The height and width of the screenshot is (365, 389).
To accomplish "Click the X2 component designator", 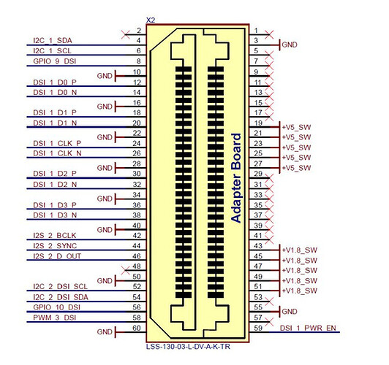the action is pyautogui.click(x=151, y=20).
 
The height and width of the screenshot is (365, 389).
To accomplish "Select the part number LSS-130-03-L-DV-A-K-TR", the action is pyautogui.click(x=188, y=347).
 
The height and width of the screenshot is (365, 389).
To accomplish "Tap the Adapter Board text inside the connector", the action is pyautogui.click(x=236, y=178).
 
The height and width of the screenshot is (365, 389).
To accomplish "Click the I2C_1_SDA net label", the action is pyautogui.click(x=53, y=40).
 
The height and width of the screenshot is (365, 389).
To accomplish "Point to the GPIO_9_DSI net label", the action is pyautogui.click(x=55, y=61).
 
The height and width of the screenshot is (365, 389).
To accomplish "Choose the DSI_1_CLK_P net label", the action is pyautogui.click(x=57, y=143).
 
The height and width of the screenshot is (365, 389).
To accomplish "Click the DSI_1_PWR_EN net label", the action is pyautogui.click(x=308, y=328).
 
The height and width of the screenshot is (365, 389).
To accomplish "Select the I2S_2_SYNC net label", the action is pyautogui.click(x=55, y=245).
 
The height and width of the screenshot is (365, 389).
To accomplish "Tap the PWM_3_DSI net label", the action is pyautogui.click(x=55, y=318).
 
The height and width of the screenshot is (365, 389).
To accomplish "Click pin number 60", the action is pyautogui.click(x=137, y=328).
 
